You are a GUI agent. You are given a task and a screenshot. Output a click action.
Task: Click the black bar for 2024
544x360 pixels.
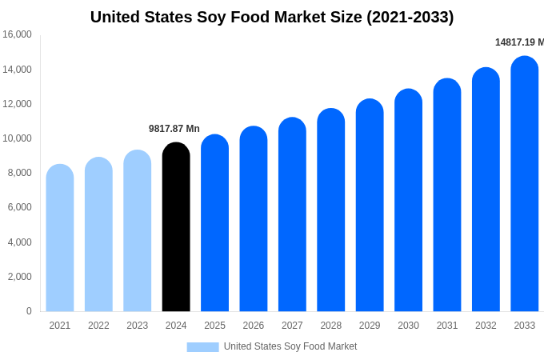(176, 227)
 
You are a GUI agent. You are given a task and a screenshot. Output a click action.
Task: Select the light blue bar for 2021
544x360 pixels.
(60, 238)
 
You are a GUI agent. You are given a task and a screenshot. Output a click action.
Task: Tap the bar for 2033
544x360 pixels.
(525, 184)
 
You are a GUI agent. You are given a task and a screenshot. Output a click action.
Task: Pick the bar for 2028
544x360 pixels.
(331, 210)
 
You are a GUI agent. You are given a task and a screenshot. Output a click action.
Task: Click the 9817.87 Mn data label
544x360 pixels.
(174, 129)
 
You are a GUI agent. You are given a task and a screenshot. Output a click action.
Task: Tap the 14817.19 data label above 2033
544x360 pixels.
(518, 42)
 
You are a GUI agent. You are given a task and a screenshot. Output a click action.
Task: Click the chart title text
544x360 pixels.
(272, 17)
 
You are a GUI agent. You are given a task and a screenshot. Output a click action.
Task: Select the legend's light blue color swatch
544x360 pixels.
(202, 346)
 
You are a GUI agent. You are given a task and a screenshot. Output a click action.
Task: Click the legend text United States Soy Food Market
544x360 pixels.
(290, 346)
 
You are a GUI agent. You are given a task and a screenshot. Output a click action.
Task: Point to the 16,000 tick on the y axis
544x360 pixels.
(17, 34)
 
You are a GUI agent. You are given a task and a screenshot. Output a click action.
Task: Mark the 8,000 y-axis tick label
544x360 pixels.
(18, 173)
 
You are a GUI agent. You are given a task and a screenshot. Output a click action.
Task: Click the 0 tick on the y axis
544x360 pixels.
(29, 311)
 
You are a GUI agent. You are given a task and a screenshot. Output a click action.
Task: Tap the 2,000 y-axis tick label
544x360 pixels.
(18, 277)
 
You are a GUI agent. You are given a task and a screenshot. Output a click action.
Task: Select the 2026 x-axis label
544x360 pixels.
(254, 326)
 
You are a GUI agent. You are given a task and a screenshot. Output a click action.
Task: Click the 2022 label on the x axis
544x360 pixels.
(98, 326)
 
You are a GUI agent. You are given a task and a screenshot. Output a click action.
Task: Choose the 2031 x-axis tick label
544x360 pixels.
(447, 326)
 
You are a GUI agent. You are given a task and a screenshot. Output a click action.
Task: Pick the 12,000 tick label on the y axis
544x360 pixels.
(17, 104)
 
